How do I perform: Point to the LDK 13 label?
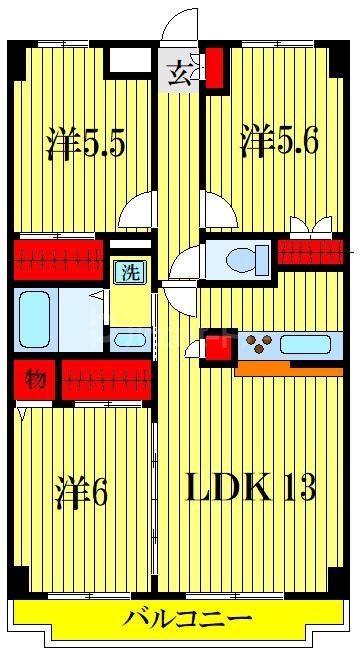pyautogui.click(x=252, y=487)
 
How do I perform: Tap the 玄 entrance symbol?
pyautogui.click(x=180, y=74)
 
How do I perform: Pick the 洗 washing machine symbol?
pyautogui.click(x=128, y=270)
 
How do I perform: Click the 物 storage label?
pyautogui.click(x=35, y=379)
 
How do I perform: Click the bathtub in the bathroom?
pyautogui.click(x=36, y=318)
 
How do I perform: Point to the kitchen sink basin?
pyautogui.click(x=304, y=346)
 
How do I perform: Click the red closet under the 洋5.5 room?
pyautogui.click(x=59, y=259)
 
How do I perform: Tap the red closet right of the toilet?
pyautogui.click(x=310, y=252)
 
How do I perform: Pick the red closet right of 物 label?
pyautogui.click(x=106, y=380)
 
